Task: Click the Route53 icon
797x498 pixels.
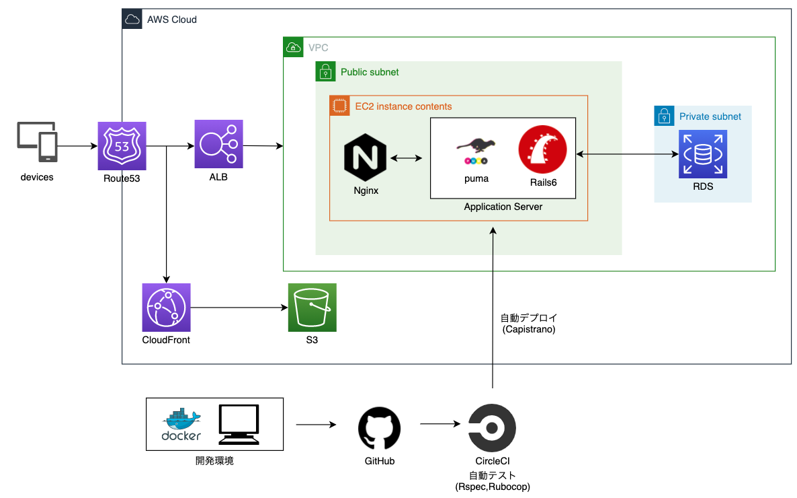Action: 122,146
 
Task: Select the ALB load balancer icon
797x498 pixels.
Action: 219,144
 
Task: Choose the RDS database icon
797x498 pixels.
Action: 702,154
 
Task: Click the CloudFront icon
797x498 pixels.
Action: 167,308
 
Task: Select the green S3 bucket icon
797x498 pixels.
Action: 312,308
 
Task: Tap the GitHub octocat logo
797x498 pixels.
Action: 379,428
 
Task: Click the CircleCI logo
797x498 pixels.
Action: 492,428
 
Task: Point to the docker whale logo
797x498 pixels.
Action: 181,425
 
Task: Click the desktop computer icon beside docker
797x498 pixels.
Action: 239,424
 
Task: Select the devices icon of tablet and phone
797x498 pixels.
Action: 37,143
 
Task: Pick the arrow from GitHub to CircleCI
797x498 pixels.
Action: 440,425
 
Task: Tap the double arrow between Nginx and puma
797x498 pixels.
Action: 406,158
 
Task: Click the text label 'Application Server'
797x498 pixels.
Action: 503,207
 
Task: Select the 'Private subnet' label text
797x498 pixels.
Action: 710,116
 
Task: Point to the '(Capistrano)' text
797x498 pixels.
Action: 529,329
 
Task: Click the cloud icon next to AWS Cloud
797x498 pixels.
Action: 132,19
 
